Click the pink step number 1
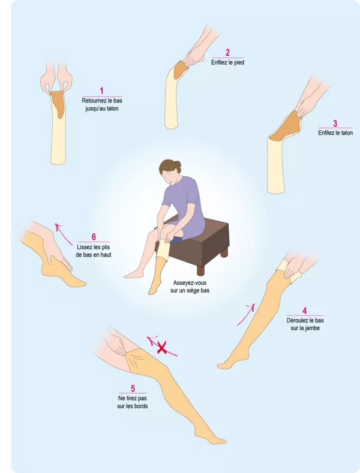point(101,91)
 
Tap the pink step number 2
point(227,53)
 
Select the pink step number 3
point(335,123)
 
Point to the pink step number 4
point(304,311)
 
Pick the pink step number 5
point(133,388)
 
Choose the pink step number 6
point(94,237)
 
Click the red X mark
point(162,348)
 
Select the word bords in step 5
point(140,406)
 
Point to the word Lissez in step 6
point(85,247)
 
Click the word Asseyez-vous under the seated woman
point(190,283)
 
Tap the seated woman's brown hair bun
point(178,165)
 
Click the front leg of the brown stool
point(201,270)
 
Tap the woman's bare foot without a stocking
point(134,274)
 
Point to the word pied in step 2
point(239,63)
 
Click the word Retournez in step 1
point(94,101)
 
